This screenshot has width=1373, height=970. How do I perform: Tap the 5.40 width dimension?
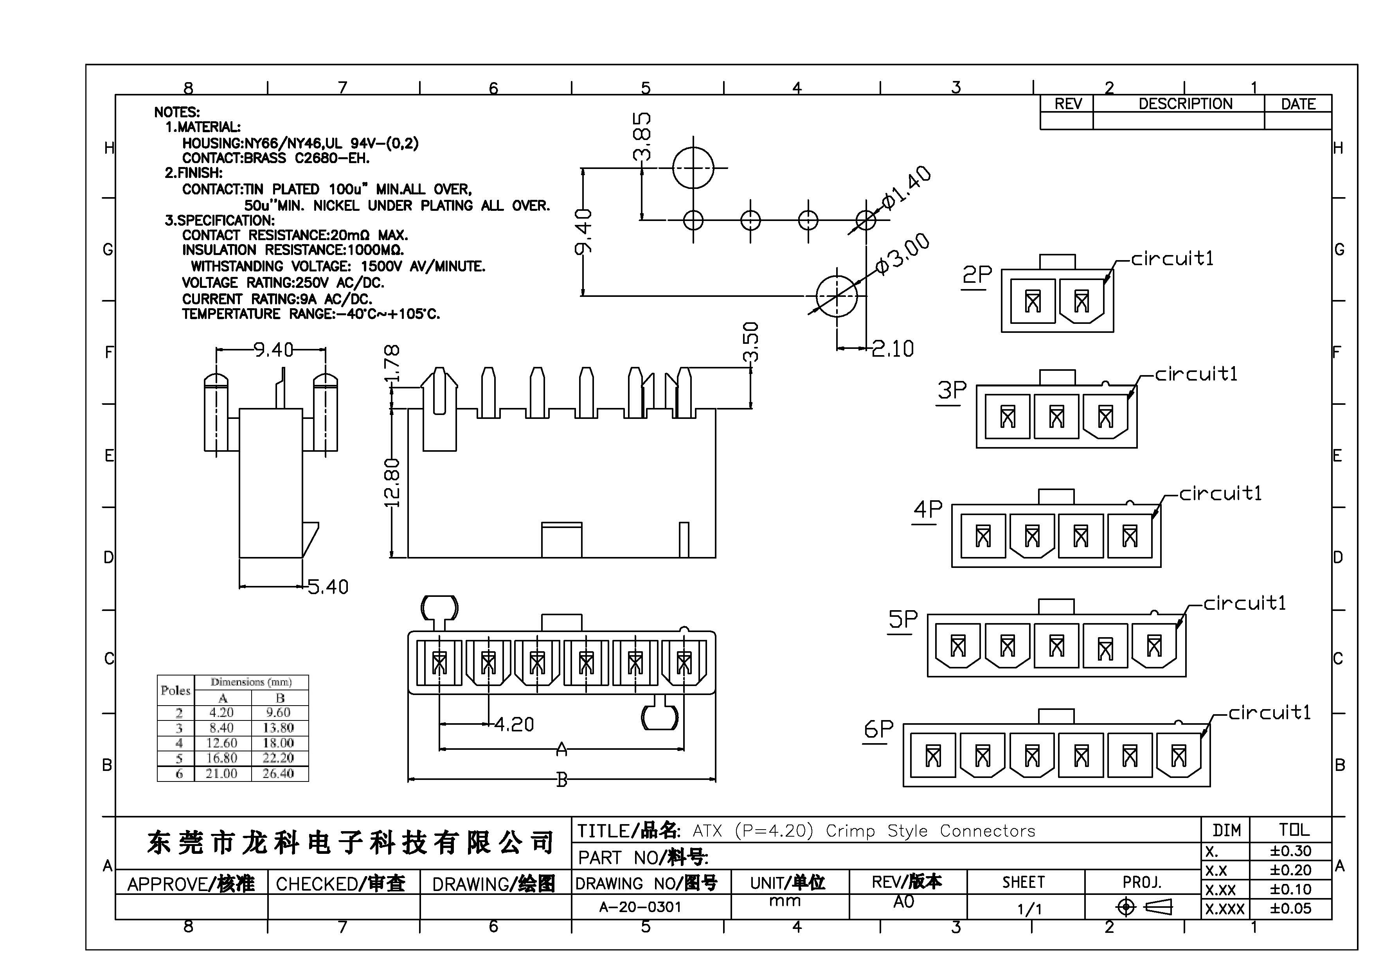click(328, 587)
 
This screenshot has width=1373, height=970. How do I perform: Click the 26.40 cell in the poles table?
click(278, 773)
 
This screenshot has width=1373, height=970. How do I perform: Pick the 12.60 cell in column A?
click(221, 743)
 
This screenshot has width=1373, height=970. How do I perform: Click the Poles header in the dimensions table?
click(175, 690)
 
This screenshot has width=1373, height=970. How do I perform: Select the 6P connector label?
click(878, 729)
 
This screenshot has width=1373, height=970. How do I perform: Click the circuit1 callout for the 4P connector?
click(1220, 494)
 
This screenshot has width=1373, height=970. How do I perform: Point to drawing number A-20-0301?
click(640, 907)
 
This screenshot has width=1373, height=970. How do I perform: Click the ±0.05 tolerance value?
click(1290, 909)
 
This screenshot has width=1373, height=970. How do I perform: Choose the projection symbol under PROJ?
click(1143, 907)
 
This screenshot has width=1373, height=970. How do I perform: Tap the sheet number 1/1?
click(1029, 909)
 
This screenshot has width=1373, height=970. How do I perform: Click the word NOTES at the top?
click(177, 112)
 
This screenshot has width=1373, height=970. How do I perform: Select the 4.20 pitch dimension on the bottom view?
click(514, 724)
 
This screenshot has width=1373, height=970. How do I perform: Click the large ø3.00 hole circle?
click(837, 296)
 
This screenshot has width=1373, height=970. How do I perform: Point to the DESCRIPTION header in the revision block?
click(1185, 104)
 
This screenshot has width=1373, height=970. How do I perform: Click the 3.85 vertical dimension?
click(642, 136)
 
